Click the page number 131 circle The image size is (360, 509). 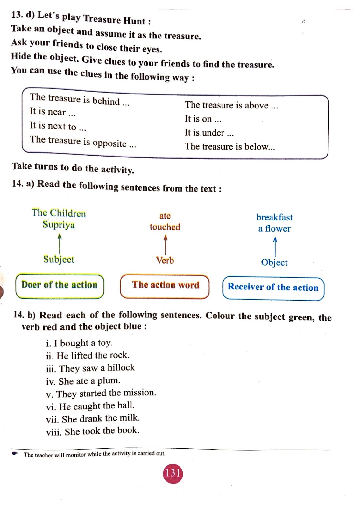coord(173,474)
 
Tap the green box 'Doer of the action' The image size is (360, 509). coord(60,286)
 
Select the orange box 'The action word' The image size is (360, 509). coord(165,286)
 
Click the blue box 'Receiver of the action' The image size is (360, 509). coord(273,288)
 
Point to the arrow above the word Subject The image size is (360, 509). coord(60,244)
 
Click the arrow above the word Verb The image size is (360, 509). coord(166,245)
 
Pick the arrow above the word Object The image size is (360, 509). coord(275,247)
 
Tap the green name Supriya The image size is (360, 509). coord(59,225)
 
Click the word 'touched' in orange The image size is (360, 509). coord(165,227)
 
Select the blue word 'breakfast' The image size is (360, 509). coord(274,217)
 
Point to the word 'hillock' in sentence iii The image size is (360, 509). coord(121,367)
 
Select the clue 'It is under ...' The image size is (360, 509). coord(209,132)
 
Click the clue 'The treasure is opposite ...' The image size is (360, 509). coord(83,142)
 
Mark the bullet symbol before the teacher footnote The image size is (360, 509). coord(15,453)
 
